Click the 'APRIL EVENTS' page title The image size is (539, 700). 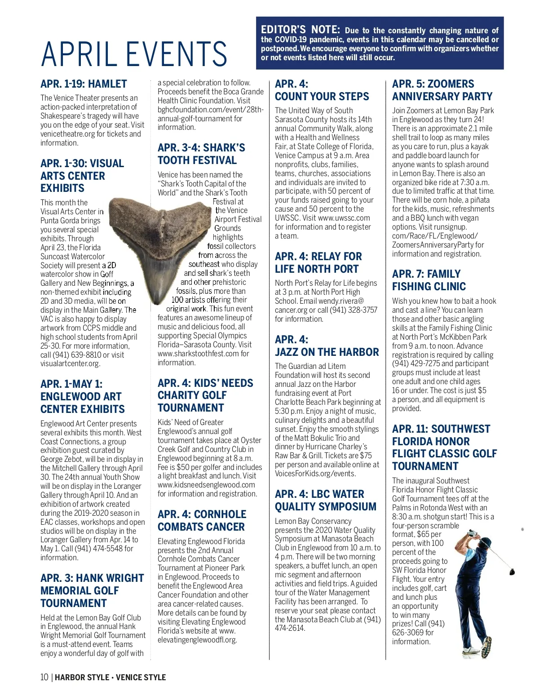pos(134,54)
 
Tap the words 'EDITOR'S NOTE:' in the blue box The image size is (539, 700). pos(300,30)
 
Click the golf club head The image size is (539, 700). pos(512,572)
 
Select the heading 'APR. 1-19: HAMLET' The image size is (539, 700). pos(84,84)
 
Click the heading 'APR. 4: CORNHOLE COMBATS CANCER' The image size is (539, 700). pos(202,520)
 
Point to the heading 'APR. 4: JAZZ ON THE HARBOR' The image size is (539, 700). pos(327,346)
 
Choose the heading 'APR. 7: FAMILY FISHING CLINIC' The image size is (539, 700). pos(429,280)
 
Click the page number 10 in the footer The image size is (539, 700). pos(44,677)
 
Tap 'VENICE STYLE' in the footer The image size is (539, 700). pos(141,677)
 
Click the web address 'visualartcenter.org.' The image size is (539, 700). pos(71,363)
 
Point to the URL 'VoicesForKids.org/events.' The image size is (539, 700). pos(315,474)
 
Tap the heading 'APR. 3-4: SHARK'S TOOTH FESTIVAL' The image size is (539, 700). pos(201,154)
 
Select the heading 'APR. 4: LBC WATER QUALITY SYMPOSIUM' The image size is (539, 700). pos(326,500)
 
